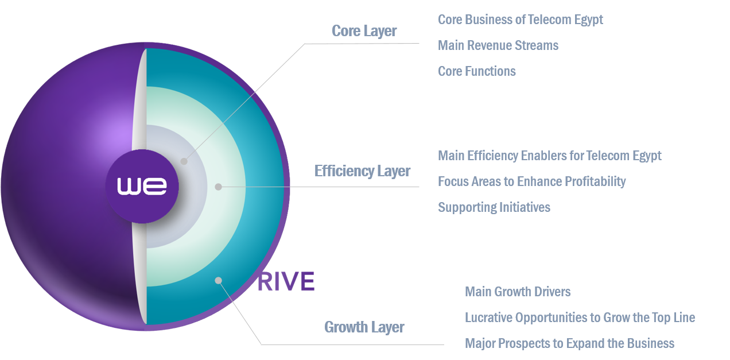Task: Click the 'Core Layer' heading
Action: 364,31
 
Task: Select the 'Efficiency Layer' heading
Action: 362,171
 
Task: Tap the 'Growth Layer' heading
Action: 364,327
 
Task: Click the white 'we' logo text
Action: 142,186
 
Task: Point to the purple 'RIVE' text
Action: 286,282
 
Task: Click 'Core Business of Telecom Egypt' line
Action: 520,20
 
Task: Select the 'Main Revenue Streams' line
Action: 498,45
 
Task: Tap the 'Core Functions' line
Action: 476,71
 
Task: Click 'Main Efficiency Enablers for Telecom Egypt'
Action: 549,156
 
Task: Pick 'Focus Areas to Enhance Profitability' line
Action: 531,181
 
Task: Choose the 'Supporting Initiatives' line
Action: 494,207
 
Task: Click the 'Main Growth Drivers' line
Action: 517,292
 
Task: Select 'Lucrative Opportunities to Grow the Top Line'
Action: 580,318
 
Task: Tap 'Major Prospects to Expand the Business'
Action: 569,343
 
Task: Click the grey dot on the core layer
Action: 184,161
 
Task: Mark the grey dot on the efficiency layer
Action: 218,187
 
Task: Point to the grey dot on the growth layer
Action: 218,280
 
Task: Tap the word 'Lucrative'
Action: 488,318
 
